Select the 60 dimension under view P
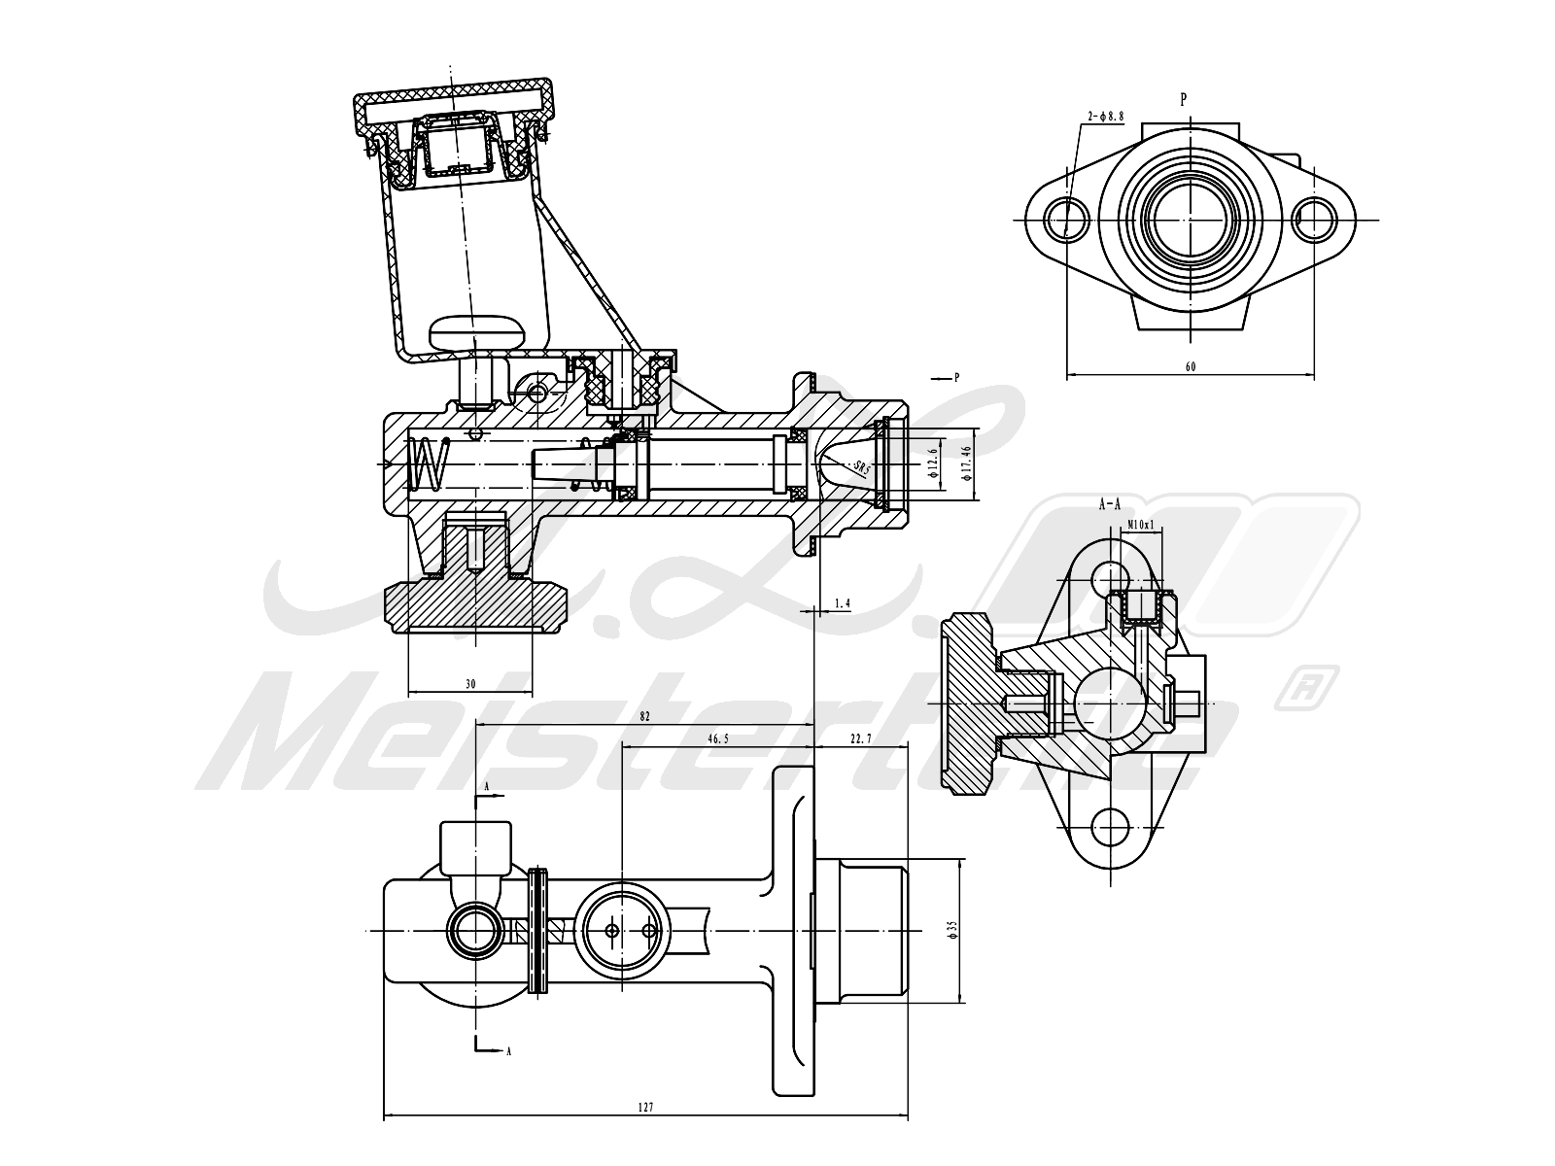(1191, 366)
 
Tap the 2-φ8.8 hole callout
(1106, 116)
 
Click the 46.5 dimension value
(717, 739)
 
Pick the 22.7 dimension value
(860, 739)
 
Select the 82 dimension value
(644, 716)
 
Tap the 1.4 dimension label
(842, 603)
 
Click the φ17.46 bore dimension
(965, 463)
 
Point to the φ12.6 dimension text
(932, 464)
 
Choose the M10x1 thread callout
(1140, 526)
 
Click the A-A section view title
(1110, 504)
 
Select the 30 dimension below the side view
(471, 684)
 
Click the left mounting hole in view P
(1068, 218)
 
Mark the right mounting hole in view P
(1314, 218)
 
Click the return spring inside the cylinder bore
(429, 464)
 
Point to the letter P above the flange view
(1184, 99)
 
